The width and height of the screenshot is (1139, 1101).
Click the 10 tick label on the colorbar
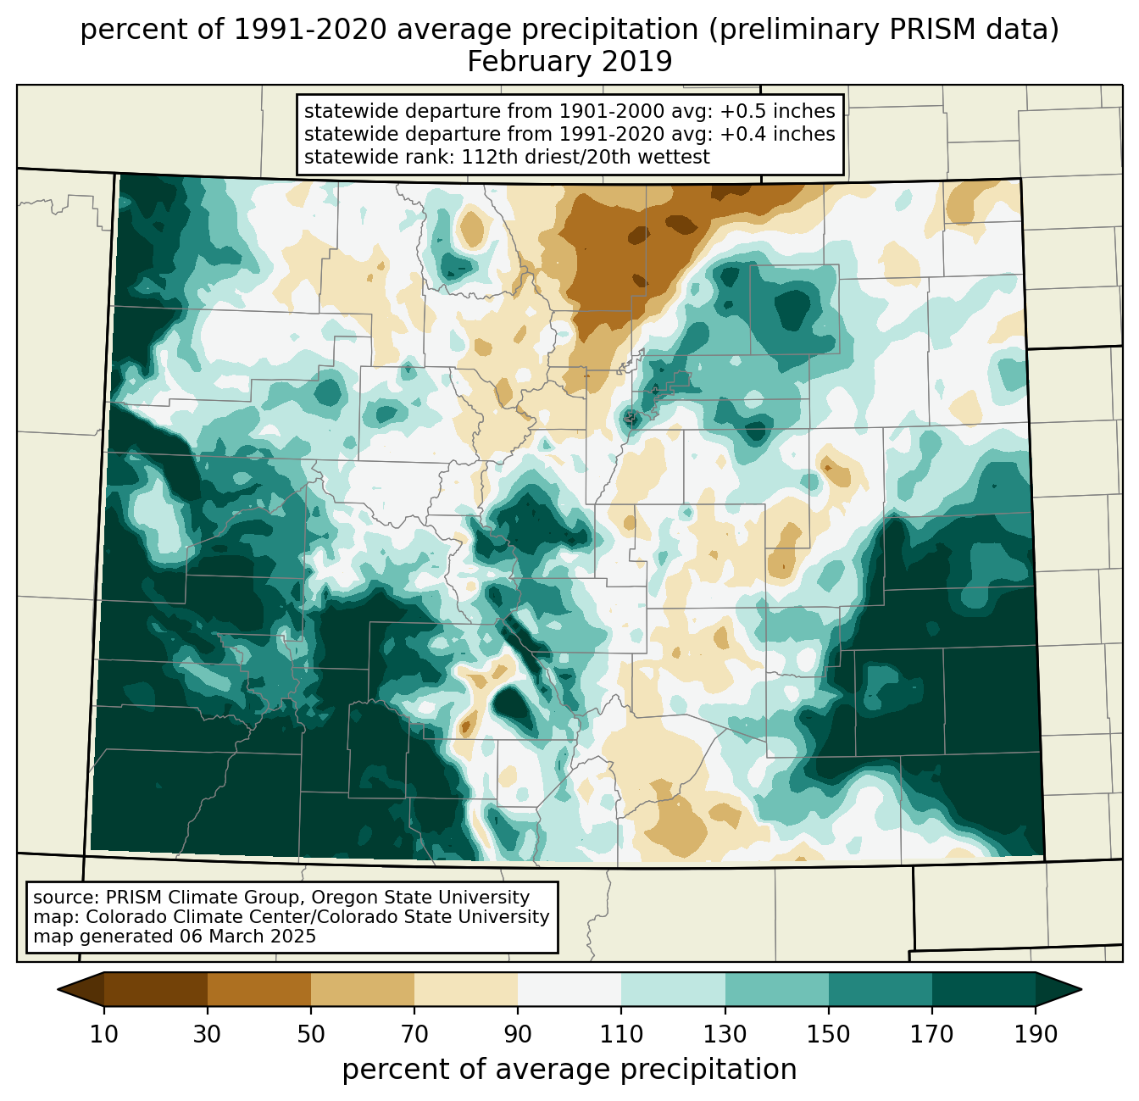click(x=104, y=1035)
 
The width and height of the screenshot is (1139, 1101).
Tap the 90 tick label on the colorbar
click(x=518, y=1035)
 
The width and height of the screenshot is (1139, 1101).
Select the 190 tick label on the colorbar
click(x=1035, y=1035)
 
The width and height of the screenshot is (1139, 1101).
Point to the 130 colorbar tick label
click(x=725, y=1035)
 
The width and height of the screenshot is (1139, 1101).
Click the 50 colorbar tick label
click(x=311, y=1035)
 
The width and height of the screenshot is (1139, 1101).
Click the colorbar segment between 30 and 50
click(x=259, y=989)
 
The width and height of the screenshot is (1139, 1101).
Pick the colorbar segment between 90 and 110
click(x=569, y=989)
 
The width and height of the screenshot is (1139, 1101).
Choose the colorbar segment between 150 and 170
click(x=880, y=989)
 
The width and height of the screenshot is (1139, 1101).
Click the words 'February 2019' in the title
click(x=569, y=62)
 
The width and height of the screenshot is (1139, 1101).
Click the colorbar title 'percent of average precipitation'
click(x=569, y=1070)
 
